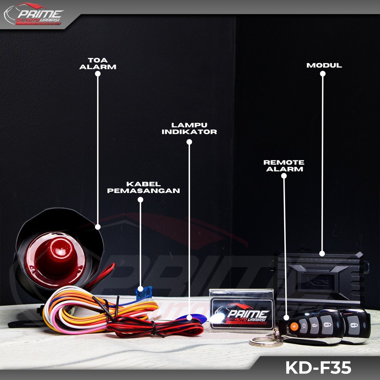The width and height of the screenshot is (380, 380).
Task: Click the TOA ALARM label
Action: [98, 63]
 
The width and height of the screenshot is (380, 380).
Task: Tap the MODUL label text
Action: [324, 65]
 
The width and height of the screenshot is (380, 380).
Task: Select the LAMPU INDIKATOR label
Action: [189, 128]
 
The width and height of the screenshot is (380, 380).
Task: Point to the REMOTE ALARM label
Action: [284, 166]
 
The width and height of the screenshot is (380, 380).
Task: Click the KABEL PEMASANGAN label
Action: [144, 187]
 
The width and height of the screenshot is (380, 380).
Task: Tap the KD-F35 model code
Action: [318, 367]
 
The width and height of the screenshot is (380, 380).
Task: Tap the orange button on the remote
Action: [294, 326]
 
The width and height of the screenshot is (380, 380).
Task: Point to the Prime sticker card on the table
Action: [242, 310]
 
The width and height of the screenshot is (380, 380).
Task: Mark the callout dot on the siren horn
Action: [98, 227]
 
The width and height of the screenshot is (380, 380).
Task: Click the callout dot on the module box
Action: [322, 254]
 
